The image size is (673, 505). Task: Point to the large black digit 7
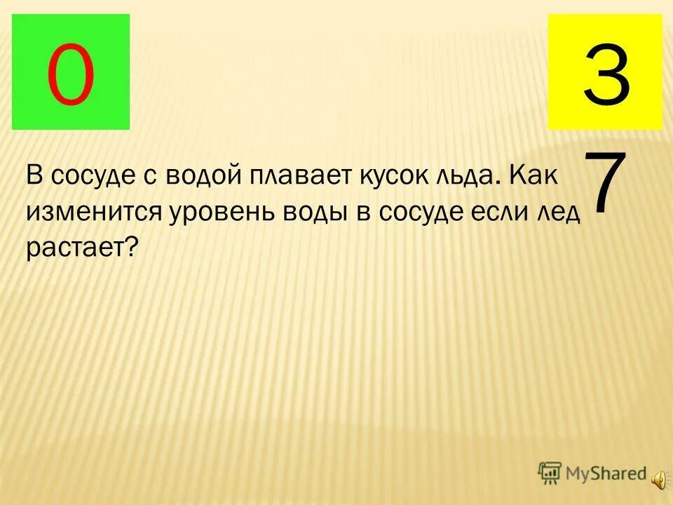[604, 184]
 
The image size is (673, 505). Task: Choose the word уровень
[222, 210]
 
